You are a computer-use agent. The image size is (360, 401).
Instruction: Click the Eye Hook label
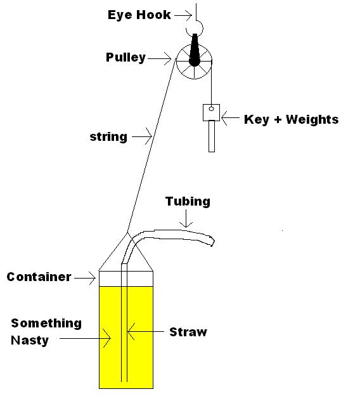tap(139, 15)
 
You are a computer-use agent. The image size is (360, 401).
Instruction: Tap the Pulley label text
tap(125, 57)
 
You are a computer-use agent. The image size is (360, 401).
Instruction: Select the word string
tap(108, 137)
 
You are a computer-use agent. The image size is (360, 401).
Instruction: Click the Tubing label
tap(188, 202)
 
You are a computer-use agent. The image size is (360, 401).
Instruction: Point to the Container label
tap(39, 277)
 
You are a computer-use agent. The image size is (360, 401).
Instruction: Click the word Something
tap(46, 324)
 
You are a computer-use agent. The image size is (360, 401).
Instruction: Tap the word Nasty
tap(30, 341)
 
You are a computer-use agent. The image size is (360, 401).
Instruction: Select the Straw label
tap(188, 332)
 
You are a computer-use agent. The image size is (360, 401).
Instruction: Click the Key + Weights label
tap(292, 119)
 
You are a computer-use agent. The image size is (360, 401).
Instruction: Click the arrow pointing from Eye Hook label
tap(183, 15)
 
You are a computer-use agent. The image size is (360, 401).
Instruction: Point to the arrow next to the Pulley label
tap(160, 58)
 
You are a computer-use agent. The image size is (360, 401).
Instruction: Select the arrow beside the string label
tap(142, 136)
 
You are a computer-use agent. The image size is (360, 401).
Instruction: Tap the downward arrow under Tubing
tap(186, 219)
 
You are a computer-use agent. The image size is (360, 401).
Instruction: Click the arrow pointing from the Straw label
tap(146, 331)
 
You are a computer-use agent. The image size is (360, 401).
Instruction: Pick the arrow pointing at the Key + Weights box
tap(231, 117)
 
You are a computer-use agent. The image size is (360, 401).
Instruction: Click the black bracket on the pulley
tap(195, 50)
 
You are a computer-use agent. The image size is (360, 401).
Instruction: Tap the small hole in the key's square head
tap(211, 108)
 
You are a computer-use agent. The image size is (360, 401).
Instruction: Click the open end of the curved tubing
tap(213, 241)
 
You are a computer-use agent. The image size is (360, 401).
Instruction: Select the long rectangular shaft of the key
tap(212, 136)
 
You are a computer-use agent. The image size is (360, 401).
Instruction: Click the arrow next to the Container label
tap(85, 278)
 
